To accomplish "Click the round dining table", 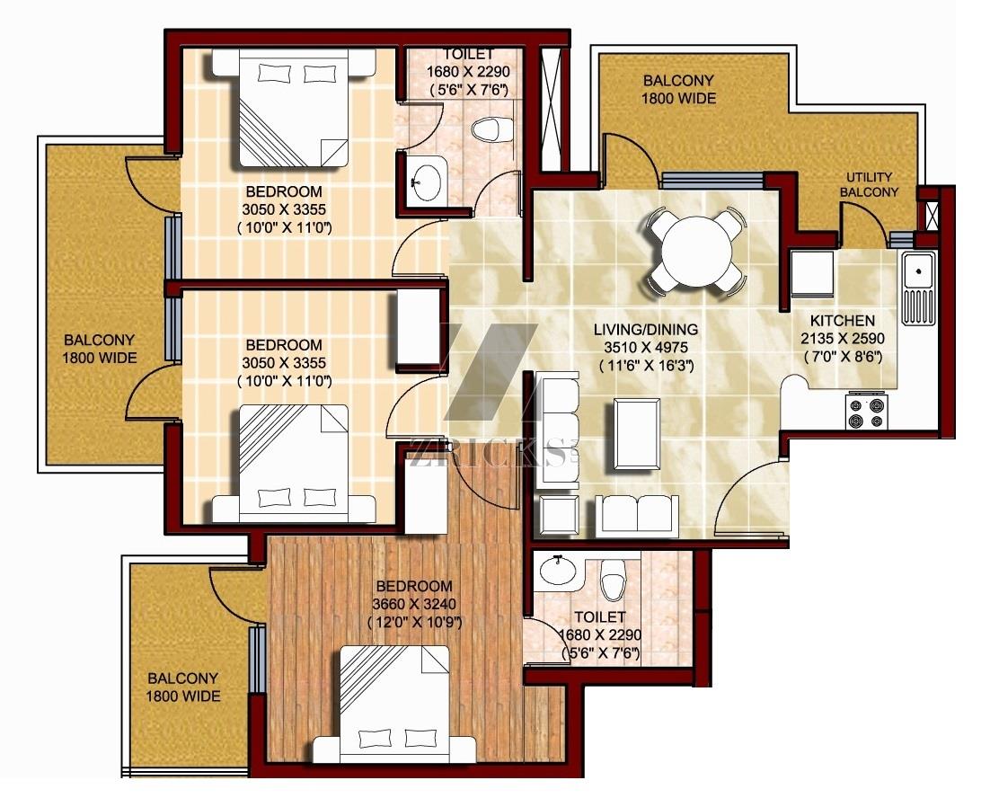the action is click(695, 252).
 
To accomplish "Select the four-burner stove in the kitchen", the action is click(868, 411).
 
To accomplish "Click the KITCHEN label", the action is click(843, 321).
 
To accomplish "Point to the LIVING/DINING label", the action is click(646, 330).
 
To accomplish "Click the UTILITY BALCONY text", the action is click(869, 184).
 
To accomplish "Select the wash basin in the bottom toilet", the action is click(558, 570).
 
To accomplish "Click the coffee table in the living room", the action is click(637, 434).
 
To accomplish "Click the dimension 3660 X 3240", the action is click(413, 604).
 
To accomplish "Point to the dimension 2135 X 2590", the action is click(843, 339).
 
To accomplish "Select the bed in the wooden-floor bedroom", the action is click(394, 704).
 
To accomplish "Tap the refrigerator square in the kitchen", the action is click(813, 272).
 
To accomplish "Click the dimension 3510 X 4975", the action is click(646, 348).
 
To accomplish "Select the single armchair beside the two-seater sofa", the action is click(560, 512).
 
